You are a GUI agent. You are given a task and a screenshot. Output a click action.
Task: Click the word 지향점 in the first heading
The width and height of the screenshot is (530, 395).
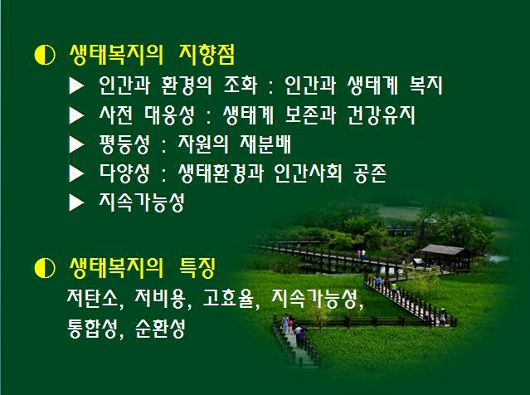[207, 55]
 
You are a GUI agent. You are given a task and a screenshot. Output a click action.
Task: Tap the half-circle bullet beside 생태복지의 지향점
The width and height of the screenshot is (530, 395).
[45, 55]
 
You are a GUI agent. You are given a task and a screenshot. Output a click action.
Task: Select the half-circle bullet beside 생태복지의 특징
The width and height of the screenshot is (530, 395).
[45, 268]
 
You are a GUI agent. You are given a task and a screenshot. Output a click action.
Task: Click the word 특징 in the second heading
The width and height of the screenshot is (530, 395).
[197, 267]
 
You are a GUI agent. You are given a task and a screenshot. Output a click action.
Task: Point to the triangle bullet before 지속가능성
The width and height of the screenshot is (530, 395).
[76, 202]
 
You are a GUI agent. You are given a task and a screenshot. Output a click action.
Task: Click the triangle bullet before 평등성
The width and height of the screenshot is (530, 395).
[76, 144]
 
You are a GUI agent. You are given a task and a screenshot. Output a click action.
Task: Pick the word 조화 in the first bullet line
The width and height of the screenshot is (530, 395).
[241, 85]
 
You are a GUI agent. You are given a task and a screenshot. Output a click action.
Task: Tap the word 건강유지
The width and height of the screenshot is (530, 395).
[382, 115]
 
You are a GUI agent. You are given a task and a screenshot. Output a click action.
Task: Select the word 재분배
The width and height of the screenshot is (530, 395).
[265, 144]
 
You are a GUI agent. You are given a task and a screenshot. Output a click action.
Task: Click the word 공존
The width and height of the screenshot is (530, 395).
[370, 173]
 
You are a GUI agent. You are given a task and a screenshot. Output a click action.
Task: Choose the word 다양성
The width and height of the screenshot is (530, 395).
[124, 173]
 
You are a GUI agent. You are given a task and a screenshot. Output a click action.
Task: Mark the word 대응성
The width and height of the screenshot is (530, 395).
[170, 115]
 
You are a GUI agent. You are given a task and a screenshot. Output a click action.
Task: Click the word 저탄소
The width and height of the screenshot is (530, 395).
[93, 298]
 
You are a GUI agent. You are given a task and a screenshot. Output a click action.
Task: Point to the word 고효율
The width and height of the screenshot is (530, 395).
[228, 298]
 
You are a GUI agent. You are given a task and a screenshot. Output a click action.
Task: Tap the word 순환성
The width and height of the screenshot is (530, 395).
[160, 328]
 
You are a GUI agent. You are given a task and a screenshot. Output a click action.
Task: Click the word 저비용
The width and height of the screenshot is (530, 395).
[160, 298]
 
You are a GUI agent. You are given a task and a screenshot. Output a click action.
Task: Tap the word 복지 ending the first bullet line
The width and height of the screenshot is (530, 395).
[425, 85]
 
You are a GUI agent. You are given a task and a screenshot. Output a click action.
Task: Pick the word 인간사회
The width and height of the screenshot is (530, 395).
[308, 173]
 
